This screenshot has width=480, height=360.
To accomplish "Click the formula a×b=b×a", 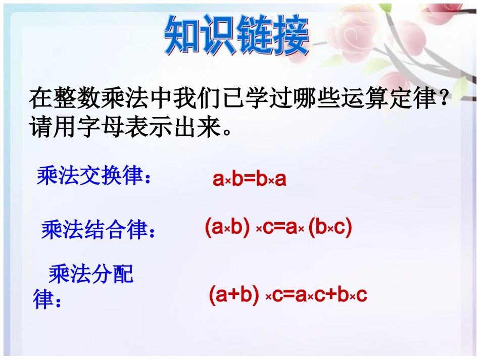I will (x=250, y=179).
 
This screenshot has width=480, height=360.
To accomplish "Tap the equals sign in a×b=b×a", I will (x=250, y=179).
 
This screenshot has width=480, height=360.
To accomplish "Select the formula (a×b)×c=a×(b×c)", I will (x=278, y=228).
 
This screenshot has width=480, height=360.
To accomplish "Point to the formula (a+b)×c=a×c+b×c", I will (x=287, y=295).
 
